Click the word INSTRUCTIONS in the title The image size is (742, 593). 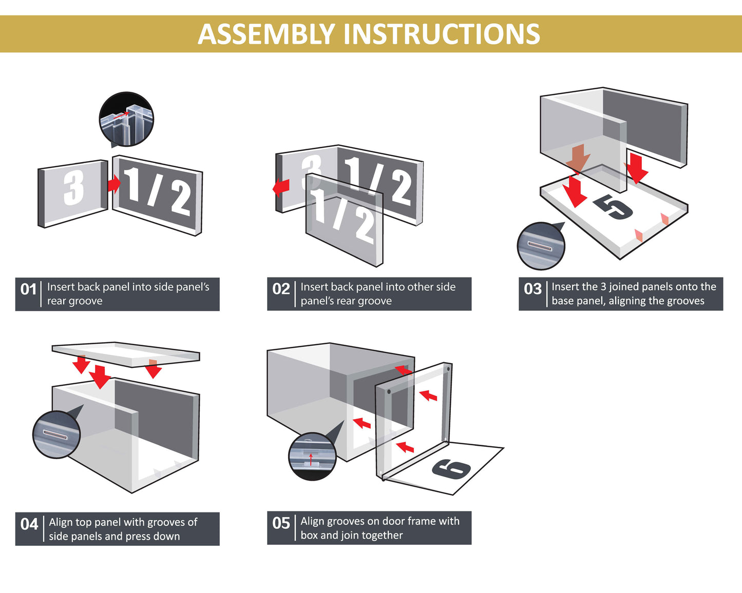[x=441, y=34]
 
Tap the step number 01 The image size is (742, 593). [x=28, y=289]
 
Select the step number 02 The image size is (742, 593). [x=281, y=289]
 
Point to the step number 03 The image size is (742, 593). [x=532, y=289]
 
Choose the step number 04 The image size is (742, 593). [x=29, y=524]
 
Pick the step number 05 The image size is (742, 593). [x=281, y=523]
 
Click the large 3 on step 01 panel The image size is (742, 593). [x=73, y=188]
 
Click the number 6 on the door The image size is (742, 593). [x=451, y=468]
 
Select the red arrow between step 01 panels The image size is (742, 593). [x=114, y=183]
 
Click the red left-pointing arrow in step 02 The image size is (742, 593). [x=281, y=187]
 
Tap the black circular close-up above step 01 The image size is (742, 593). [x=126, y=119]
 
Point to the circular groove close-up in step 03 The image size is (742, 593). [x=541, y=246]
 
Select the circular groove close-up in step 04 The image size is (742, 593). [x=56, y=434]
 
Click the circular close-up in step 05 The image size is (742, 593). [x=312, y=457]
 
